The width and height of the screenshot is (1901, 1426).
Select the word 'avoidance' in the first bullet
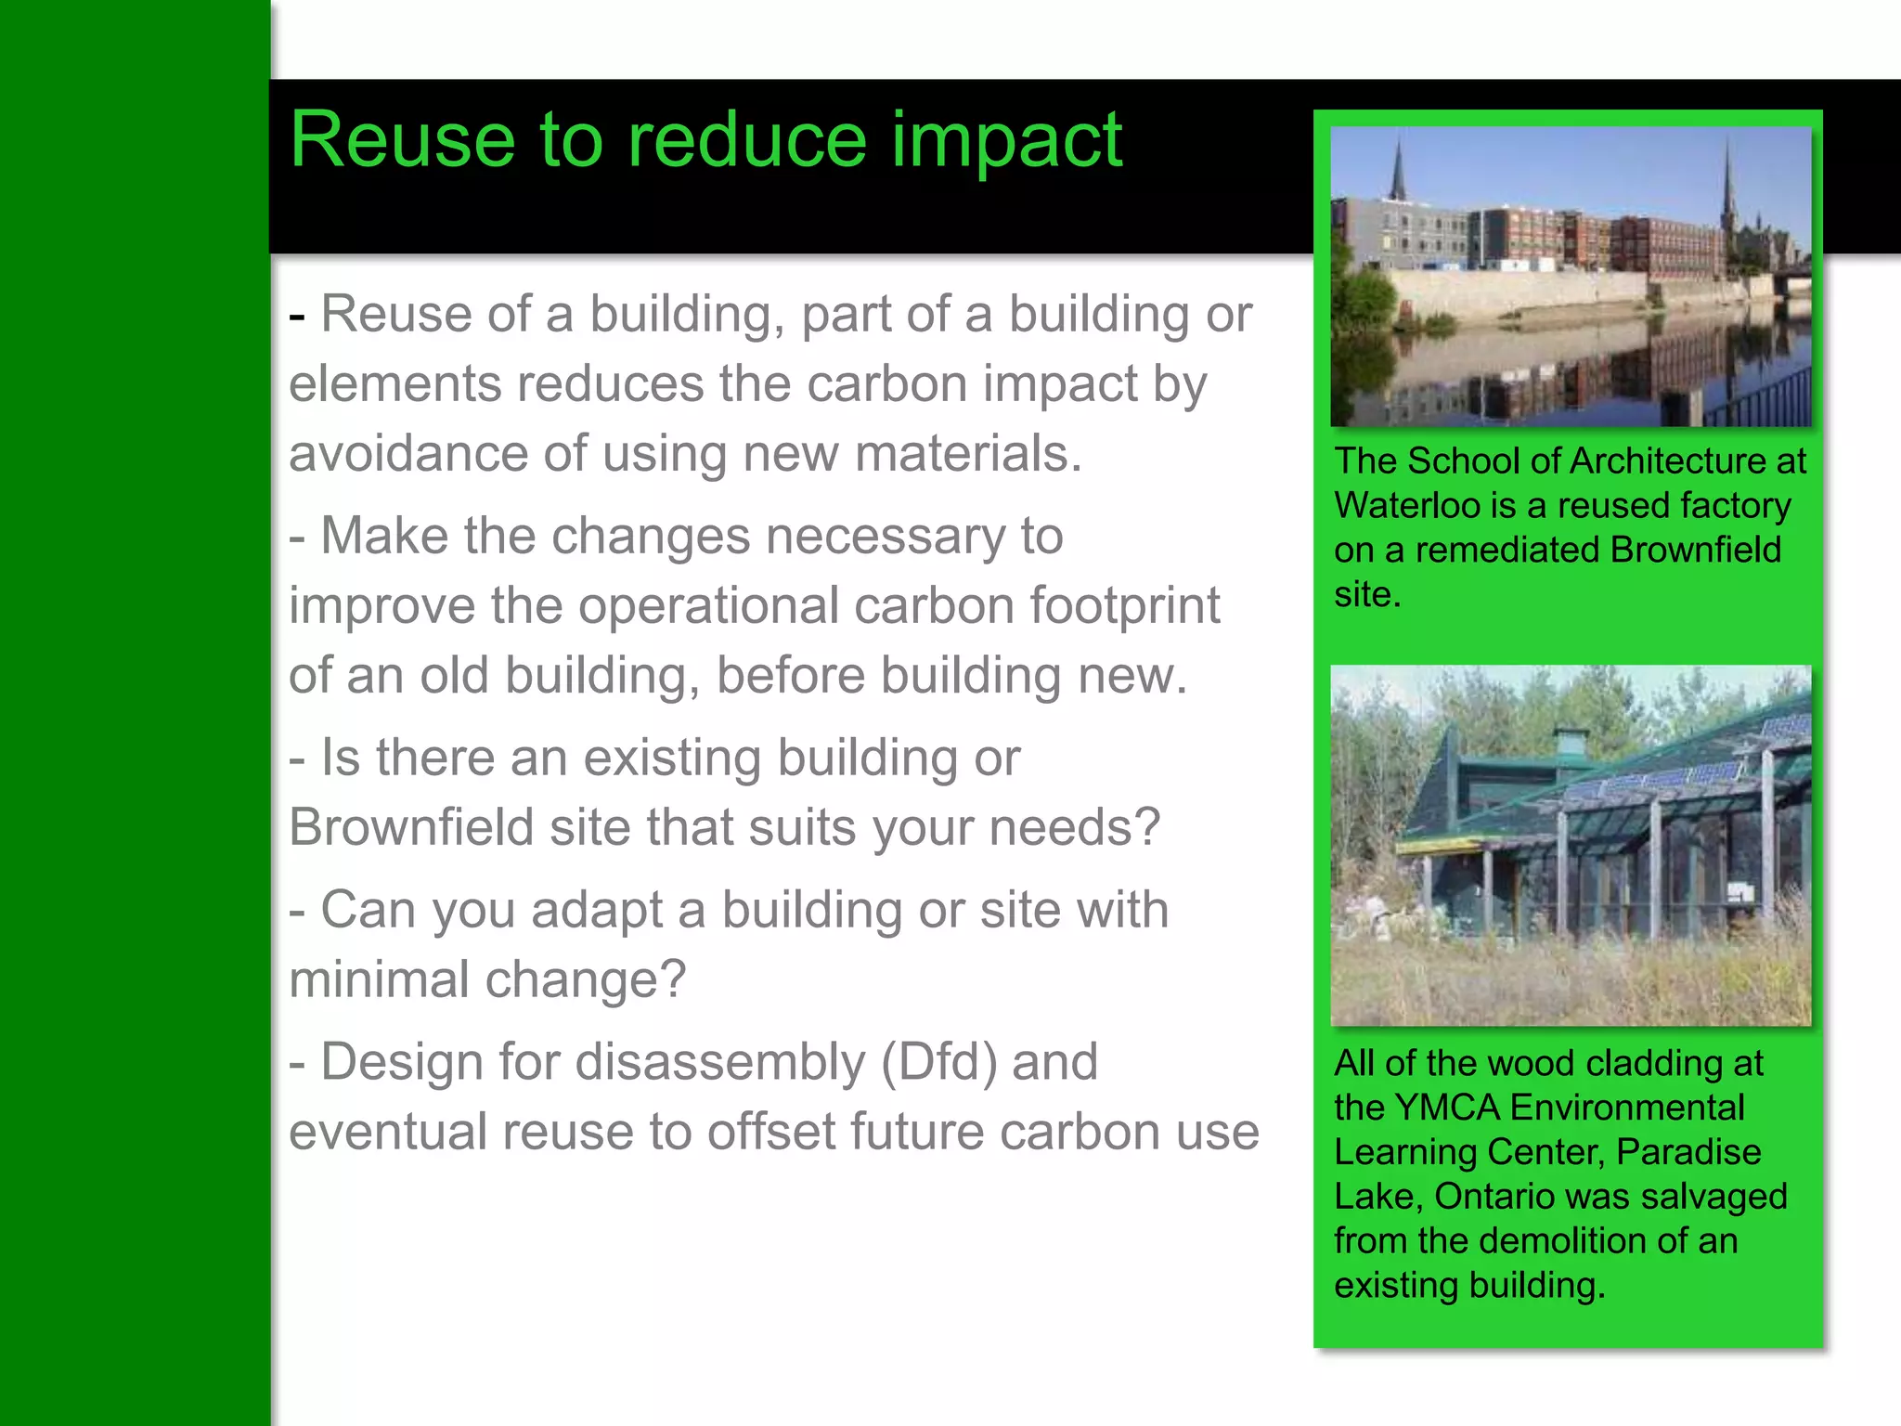pos(408,454)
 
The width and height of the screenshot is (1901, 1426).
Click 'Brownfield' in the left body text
pos(410,827)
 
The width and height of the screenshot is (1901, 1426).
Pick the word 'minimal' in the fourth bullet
pos(377,979)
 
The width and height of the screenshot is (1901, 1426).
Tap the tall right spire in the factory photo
pos(1728,181)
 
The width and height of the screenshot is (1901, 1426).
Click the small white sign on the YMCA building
pos(1739,892)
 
